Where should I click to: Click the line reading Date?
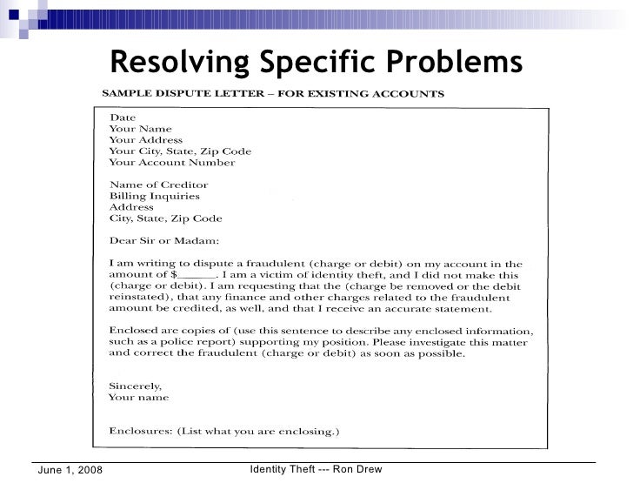pos(122,117)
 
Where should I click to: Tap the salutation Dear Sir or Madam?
pos(164,241)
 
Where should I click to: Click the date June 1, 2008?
pos(69,471)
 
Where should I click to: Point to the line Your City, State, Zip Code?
pos(174,151)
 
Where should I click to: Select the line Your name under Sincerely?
pos(138,398)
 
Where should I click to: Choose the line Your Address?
pos(145,139)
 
